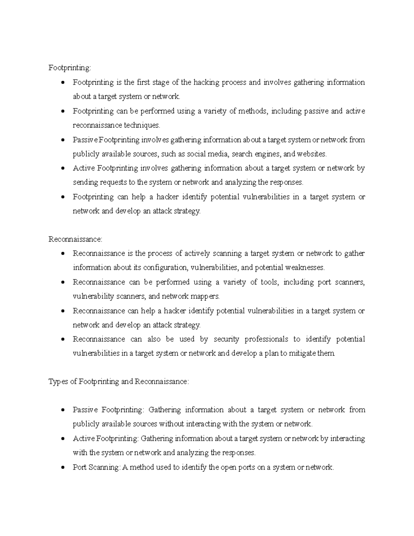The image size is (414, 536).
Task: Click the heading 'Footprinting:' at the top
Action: pos(70,68)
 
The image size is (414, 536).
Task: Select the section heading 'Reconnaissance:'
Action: pos(76,239)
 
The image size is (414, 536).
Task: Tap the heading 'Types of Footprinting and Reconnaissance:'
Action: pos(119,382)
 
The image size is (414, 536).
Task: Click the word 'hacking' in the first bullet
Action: pos(206,82)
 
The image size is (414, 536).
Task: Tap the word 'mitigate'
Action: pos(302,353)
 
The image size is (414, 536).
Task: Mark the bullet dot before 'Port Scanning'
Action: pos(62,468)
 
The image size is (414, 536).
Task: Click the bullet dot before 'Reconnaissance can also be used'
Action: pos(62,340)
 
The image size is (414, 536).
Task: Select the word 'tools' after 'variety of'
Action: pos(269,282)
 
